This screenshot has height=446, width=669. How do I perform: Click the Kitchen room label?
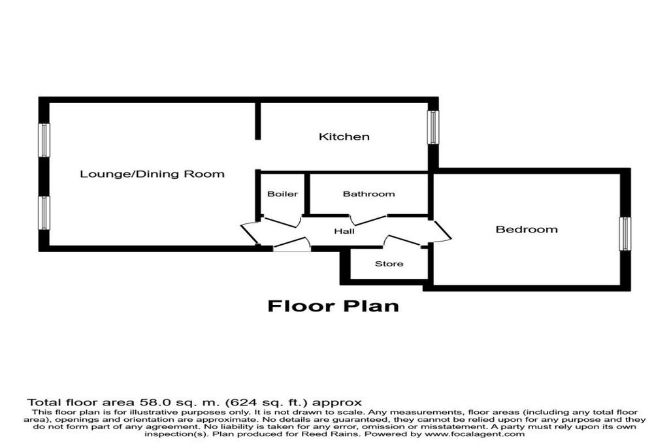tap(344, 136)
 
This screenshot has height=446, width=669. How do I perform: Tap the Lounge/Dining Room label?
tap(152, 174)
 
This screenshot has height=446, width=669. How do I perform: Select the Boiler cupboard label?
tap(282, 194)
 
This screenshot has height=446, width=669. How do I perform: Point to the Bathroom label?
tap(368, 194)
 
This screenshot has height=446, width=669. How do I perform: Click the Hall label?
tap(344, 232)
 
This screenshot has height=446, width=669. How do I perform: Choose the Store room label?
tap(389, 264)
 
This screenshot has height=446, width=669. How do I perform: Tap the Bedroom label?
tap(527, 229)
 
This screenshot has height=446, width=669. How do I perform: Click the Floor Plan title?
tap(333, 306)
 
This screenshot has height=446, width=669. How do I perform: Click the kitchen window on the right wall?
tap(433, 127)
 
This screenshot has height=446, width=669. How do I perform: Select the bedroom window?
tap(625, 234)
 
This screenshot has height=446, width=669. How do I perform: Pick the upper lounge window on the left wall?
tap(44, 140)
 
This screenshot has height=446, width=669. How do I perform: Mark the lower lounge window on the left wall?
tap(44, 213)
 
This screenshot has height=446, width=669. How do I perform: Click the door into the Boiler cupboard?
tap(282, 222)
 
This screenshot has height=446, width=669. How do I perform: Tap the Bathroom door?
tap(368, 220)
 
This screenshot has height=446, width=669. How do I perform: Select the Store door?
tap(402, 240)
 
